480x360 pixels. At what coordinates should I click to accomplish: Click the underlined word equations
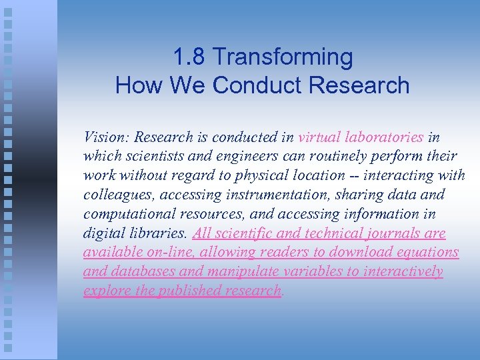point(431,253)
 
